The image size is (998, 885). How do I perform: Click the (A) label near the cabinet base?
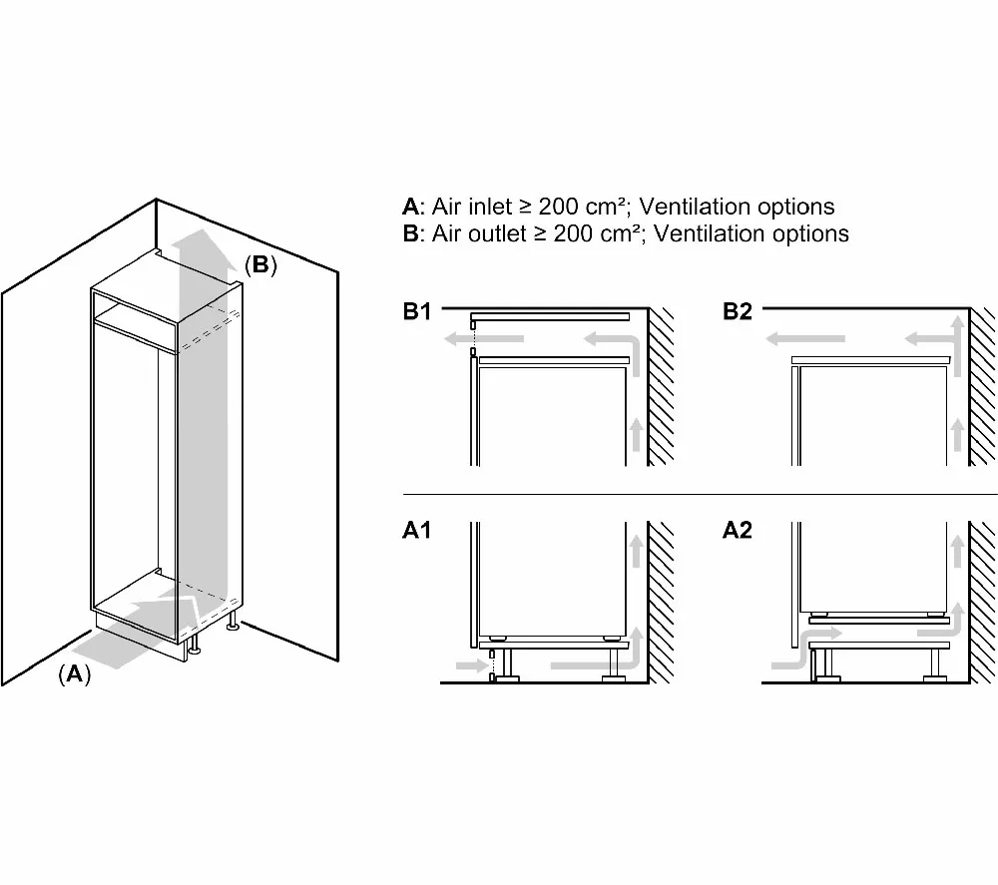(x=74, y=674)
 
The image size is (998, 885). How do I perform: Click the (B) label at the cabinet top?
(x=259, y=265)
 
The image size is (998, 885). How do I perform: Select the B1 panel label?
(x=417, y=312)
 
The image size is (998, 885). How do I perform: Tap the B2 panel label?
(x=737, y=312)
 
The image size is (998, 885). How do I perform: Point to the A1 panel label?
(x=417, y=530)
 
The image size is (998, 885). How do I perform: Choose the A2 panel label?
(x=737, y=530)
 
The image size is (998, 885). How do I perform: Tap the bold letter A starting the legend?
(x=409, y=208)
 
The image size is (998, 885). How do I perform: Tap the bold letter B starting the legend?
(x=409, y=233)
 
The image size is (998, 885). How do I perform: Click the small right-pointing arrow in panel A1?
(x=466, y=664)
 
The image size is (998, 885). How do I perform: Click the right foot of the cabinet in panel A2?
(x=936, y=664)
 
